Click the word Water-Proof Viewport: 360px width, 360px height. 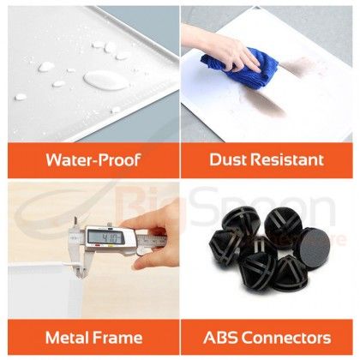coord(93,159)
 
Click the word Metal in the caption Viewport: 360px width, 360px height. coord(68,338)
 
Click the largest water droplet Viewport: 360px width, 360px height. coord(105,81)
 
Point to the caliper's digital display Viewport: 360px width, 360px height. coord(106,237)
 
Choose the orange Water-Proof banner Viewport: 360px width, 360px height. coord(93,160)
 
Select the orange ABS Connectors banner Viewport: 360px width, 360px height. coord(267,338)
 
